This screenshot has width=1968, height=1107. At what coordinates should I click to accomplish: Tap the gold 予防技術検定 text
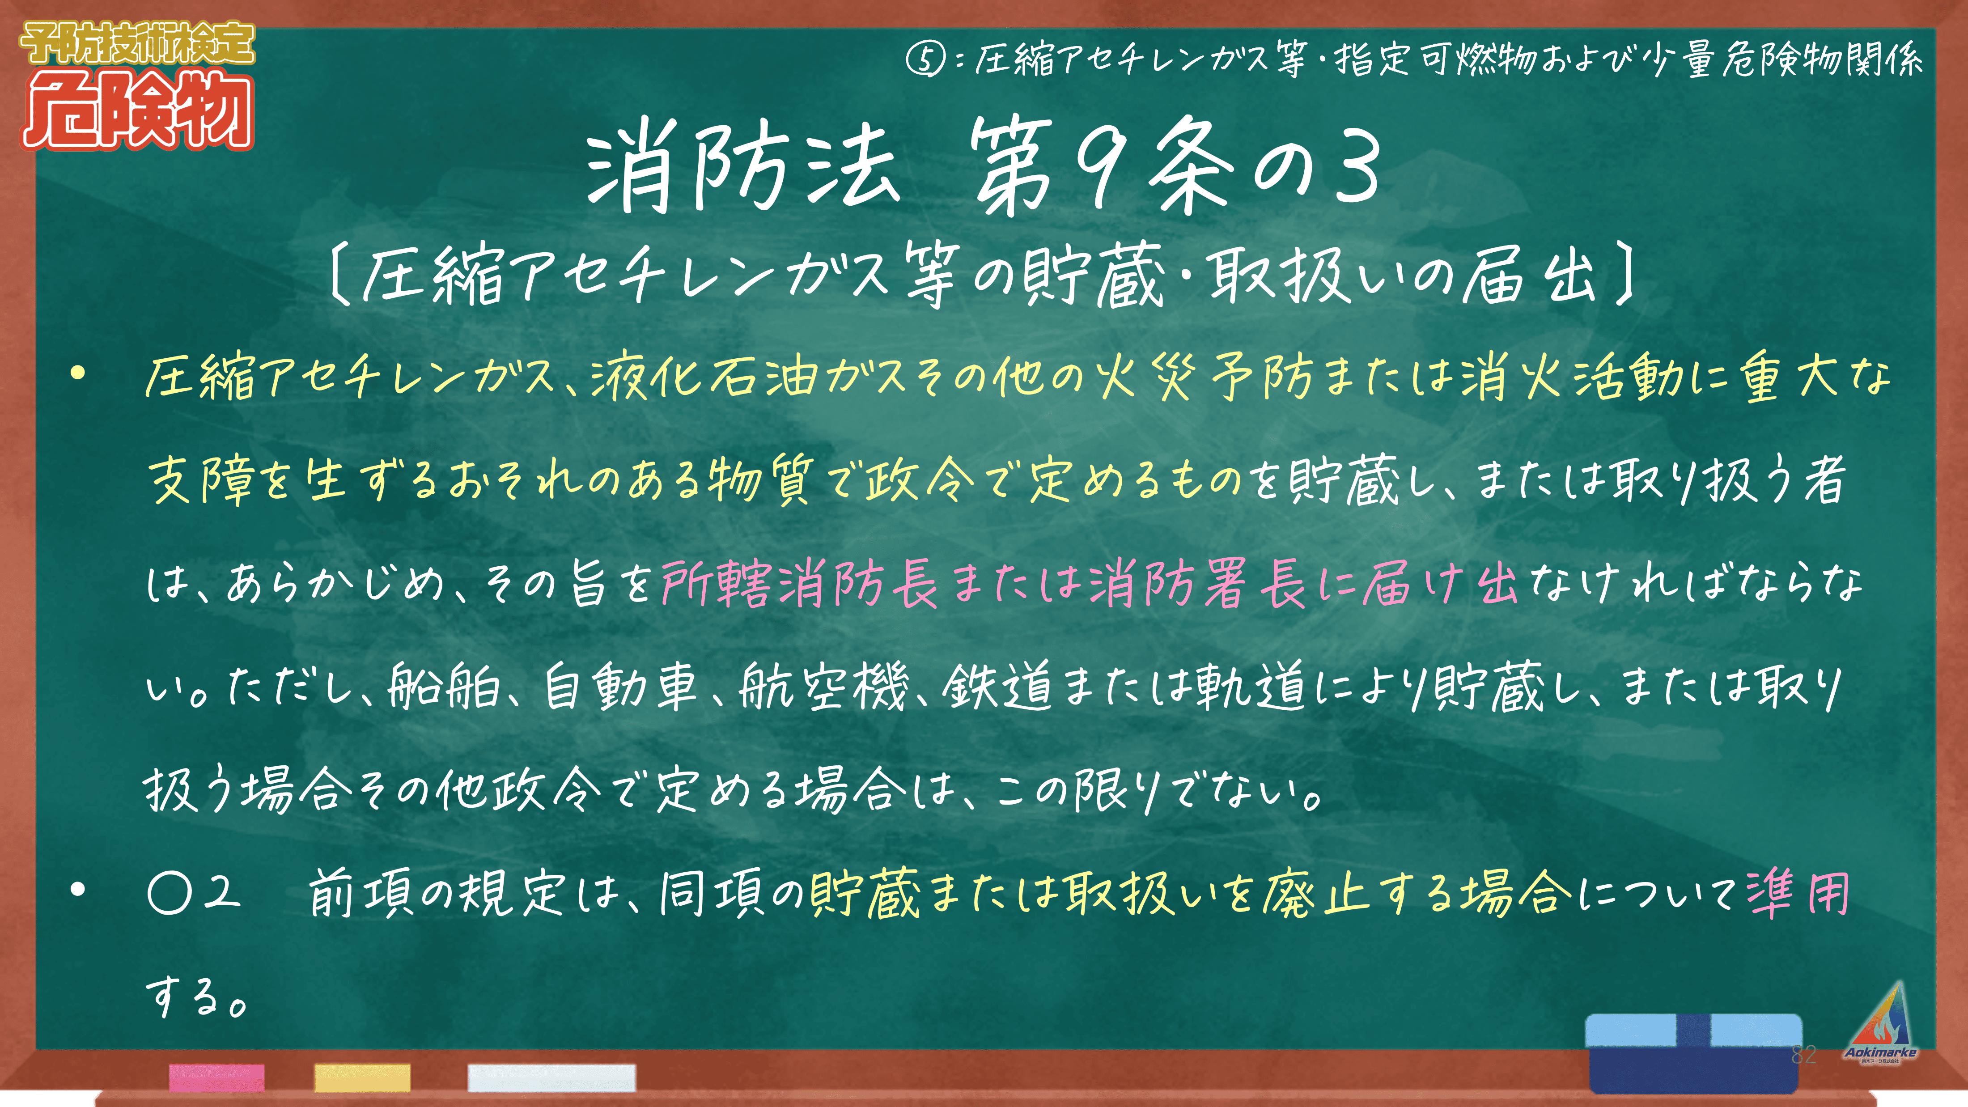click(137, 43)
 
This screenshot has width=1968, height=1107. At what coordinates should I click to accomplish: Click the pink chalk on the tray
click(217, 1077)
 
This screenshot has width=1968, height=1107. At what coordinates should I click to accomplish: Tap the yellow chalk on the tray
click(362, 1077)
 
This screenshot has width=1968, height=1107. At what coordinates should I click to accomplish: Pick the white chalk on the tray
click(551, 1077)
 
